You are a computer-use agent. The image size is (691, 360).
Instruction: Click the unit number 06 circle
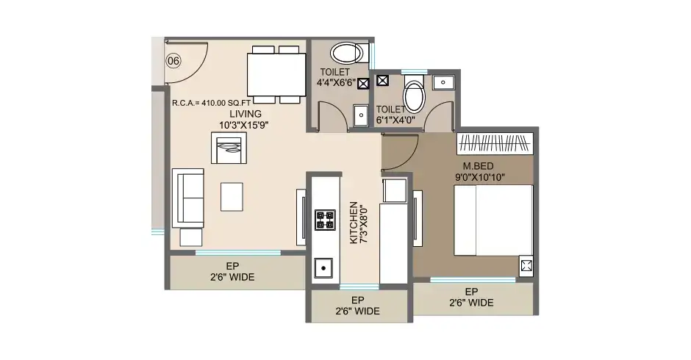(x=173, y=60)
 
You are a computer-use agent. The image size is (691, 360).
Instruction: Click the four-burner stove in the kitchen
(x=324, y=220)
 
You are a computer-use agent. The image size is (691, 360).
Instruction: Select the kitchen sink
(x=323, y=269)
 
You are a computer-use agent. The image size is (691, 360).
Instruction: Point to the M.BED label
(x=477, y=165)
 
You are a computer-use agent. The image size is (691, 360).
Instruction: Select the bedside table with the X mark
(x=526, y=266)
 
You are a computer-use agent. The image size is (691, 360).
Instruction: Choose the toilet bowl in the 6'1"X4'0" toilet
(x=415, y=96)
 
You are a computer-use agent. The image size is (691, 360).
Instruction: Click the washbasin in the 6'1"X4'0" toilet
(x=443, y=82)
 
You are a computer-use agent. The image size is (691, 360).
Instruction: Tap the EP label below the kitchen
(x=358, y=300)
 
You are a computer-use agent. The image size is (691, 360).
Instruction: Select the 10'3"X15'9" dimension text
(x=243, y=126)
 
